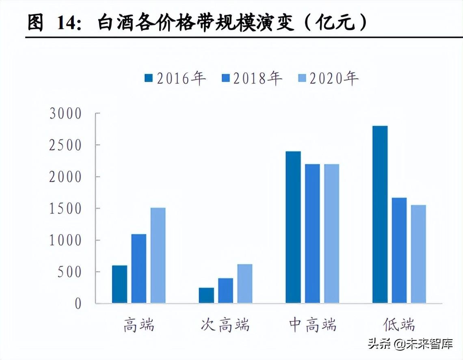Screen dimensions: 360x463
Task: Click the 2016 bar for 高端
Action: pos(119,284)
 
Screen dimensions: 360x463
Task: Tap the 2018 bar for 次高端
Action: pos(225,291)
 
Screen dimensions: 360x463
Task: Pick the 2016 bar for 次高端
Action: pos(206,295)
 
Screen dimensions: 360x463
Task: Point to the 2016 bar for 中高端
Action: pos(293,227)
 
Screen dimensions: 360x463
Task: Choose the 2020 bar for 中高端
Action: pos(331,234)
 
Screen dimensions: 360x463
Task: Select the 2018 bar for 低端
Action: pos(399,250)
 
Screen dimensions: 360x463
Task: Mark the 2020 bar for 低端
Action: pos(418,254)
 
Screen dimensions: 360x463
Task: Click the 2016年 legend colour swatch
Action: pos(148,78)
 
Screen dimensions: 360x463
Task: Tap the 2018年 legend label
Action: pos(257,78)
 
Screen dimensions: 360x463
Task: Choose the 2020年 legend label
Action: pos(334,78)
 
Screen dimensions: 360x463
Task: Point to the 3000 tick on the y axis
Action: pos(65,114)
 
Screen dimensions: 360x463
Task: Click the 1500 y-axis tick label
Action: pos(65,209)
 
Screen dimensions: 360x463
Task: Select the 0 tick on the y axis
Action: pos(78,304)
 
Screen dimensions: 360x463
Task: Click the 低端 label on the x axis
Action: pos(399,325)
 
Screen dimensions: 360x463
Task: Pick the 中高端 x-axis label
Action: pos(312,325)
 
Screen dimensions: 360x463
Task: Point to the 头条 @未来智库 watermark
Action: pos(410,345)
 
